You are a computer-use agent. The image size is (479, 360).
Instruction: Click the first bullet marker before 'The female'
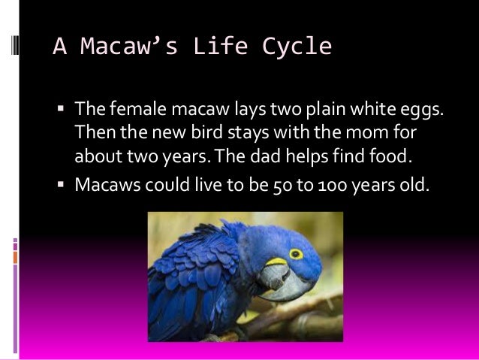(x=62, y=112)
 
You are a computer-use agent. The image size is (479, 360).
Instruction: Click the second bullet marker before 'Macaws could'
(x=62, y=183)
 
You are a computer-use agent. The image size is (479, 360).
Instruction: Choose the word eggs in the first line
(x=424, y=112)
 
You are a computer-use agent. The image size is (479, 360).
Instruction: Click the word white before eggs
(x=375, y=111)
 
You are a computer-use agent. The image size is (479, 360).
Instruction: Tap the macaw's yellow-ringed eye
(x=296, y=255)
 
